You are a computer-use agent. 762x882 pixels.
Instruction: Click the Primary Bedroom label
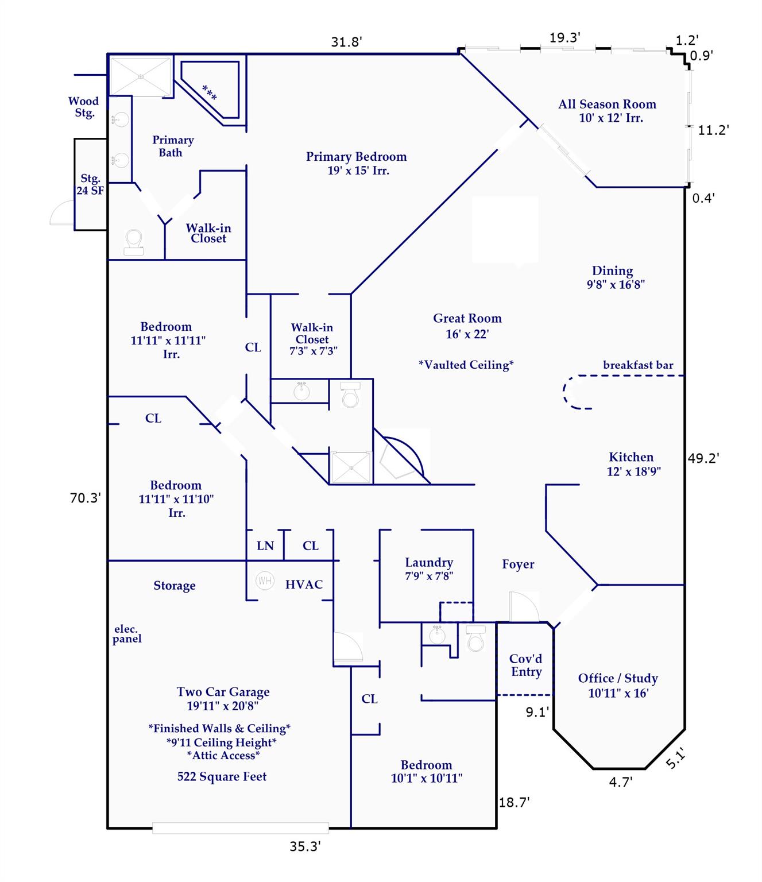pyautogui.click(x=356, y=163)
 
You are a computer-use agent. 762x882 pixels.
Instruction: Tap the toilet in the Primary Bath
pyautogui.click(x=134, y=242)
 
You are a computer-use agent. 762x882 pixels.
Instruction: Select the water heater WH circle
pyautogui.click(x=265, y=581)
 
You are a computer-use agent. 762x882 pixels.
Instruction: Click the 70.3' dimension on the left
pyautogui.click(x=86, y=498)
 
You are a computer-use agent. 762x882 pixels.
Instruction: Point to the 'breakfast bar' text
pyautogui.click(x=638, y=365)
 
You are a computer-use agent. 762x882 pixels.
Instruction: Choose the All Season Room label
pyautogui.click(x=608, y=111)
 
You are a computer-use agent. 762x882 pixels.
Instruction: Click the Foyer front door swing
pyautogui.click(x=523, y=608)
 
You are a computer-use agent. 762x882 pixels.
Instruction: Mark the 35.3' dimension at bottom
pyautogui.click(x=304, y=846)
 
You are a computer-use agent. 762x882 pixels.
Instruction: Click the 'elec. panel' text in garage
pyautogui.click(x=127, y=634)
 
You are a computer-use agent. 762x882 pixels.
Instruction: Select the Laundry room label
pyautogui.click(x=429, y=569)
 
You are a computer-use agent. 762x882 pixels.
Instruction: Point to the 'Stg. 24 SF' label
pyautogui.click(x=91, y=184)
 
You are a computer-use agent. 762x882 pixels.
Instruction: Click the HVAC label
pyautogui.click(x=304, y=585)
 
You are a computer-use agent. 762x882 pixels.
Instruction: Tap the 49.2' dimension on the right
pyautogui.click(x=703, y=458)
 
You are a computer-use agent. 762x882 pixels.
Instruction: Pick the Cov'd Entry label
pyautogui.click(x=526, y=666)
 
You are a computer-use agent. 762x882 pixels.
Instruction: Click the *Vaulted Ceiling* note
pyautogui.click(x=466, y=365)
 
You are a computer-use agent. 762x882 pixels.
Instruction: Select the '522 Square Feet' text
pyautogui.click(x=222, y=777)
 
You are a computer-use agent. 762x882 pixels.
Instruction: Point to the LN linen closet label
pyautogui.click(x=265, y=546)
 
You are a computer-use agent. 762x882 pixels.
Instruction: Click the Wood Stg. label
pyautogui.click(x=84, y=107)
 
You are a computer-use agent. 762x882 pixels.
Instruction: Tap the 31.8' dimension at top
pyautogui.click(x=346, y=42)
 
